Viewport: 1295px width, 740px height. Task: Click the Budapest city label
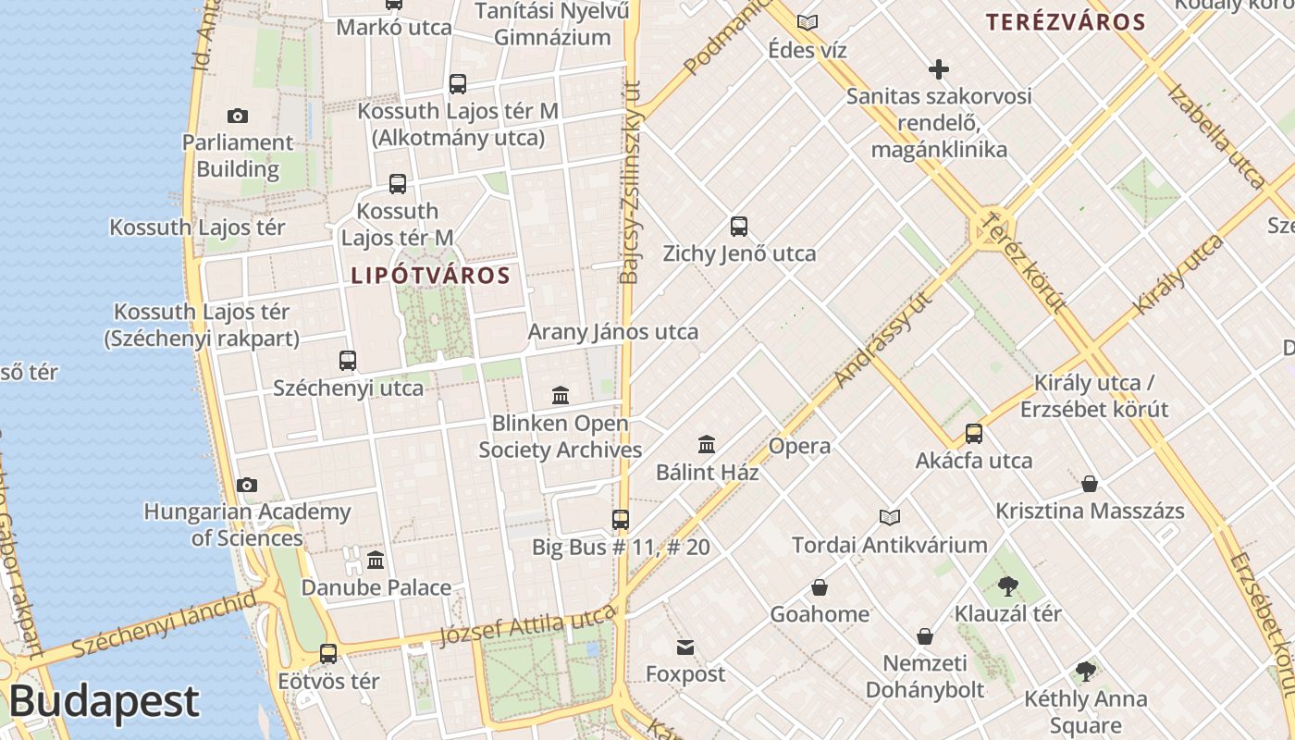click(104, 702)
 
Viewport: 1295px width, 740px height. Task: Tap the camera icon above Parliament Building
click(238, 116)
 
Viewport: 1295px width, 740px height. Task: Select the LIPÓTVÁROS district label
click(430, 276)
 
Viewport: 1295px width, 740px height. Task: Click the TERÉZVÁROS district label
click(1066, 22)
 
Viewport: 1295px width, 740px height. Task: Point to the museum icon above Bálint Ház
click(707, 444)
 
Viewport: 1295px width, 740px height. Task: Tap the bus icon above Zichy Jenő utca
click(738, 226)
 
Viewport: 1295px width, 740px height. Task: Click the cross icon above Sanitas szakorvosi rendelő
click(939, 69)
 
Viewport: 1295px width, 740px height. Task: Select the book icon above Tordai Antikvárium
click(890, 517)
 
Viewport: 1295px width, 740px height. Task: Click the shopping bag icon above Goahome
click(820, 587)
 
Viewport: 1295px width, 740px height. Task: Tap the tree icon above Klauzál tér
click(1008, 586)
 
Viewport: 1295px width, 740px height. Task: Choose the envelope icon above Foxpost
click(685, 647)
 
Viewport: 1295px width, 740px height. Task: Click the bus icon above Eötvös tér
click(328, 654)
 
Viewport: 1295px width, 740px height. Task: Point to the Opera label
click(800, 446)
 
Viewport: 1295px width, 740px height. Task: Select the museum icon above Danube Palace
click(376, 561)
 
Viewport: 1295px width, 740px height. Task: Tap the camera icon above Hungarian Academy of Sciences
click(246, 485)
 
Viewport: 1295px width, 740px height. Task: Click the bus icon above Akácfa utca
click(973, 433)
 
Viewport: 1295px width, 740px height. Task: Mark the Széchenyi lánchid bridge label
click(164, 624)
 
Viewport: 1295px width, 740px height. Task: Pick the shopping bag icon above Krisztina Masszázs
click(1090, 484)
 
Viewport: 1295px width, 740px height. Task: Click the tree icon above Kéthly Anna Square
click(1086, 672)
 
